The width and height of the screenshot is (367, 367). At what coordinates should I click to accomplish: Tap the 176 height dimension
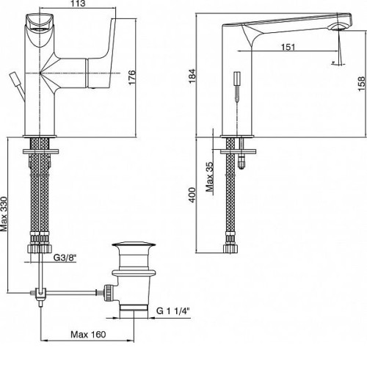[131, 77]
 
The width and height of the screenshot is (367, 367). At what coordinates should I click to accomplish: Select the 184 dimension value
[192, 76]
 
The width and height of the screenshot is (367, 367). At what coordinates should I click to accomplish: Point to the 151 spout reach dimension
[288, 47]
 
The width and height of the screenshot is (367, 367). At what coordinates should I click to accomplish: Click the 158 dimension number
[362, 84]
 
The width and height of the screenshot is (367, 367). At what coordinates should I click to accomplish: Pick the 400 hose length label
[192, 195]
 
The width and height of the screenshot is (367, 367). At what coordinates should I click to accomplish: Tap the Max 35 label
[209, 177]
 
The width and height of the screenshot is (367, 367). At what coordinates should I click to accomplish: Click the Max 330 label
[4, 214]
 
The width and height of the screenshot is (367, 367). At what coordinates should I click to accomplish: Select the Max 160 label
[88, 334]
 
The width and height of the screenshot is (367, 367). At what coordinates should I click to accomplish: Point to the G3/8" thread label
[65, 258]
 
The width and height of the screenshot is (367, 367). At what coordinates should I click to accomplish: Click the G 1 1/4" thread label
[173, 311]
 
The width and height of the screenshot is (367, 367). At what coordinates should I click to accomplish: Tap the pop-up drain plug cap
[134, 244]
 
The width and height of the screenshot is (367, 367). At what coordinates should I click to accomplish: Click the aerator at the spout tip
[339, 26]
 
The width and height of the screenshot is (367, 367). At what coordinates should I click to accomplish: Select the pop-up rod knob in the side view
[237, 79]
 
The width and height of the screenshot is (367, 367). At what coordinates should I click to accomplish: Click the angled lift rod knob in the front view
[16, 79]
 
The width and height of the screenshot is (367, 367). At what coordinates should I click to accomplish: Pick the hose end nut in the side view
[230, 248]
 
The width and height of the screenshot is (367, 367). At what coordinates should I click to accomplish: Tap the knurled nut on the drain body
[109, 292]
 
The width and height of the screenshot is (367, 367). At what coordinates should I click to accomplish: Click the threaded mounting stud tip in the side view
[241, 163]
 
